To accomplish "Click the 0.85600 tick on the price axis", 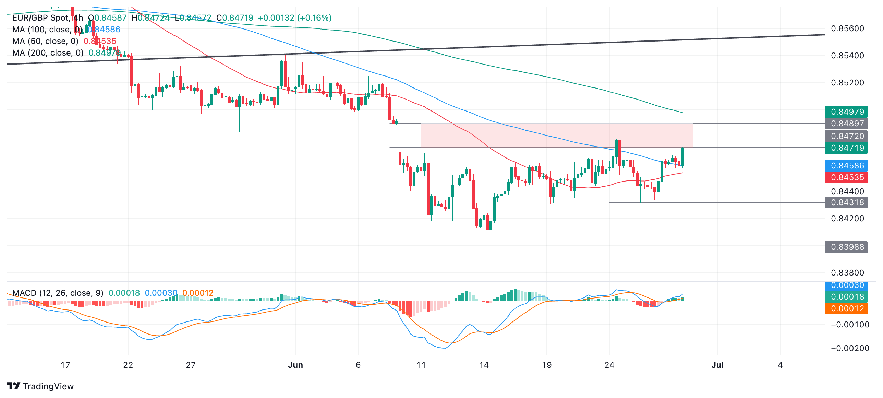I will [x=847, y=28].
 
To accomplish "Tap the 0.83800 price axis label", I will [x=847, y=273].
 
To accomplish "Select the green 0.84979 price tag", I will [x=846, y=112].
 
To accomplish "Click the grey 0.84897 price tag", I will [x=846, y=124].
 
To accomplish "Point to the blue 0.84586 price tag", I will [x=846, y=166].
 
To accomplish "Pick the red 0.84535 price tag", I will [x=846, y=177].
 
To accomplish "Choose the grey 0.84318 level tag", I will [x=846, y=202].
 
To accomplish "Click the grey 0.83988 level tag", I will [x=846, y=247].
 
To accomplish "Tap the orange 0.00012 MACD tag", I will [x=846, y=308].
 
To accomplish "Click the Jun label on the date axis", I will [x=295, y=365].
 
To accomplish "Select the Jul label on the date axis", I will [x=717, y=365].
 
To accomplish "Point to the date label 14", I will [x=484, y=365].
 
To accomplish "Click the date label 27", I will [x=191, y=365].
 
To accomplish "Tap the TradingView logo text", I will [x=48, y=386].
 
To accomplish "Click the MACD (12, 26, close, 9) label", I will [x=58, y=293].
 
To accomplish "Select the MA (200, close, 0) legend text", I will [x=48, y=53].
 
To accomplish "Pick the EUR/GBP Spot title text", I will [x=41, y=18].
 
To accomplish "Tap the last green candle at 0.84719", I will [x=683, y=157].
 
